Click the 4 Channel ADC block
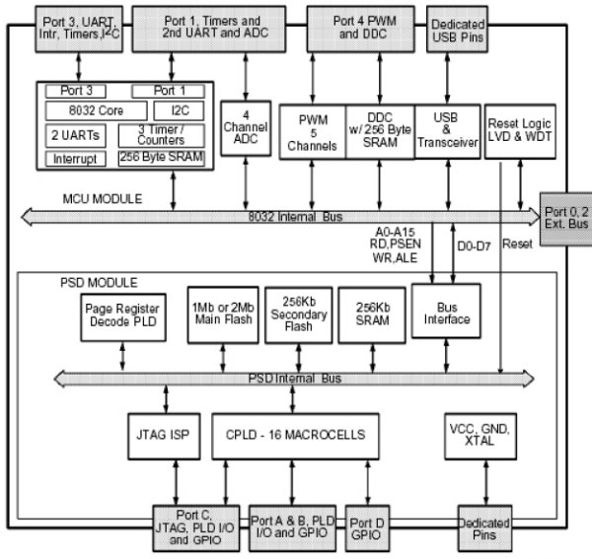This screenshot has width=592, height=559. coord(240,131)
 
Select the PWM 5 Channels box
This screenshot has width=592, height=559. coord(312,131)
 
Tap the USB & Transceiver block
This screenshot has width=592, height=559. coord(447,131)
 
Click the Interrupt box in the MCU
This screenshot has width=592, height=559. coord(76,158)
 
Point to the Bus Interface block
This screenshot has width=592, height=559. coord(446,313)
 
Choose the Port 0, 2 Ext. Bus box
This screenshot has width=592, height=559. coord(565,216)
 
